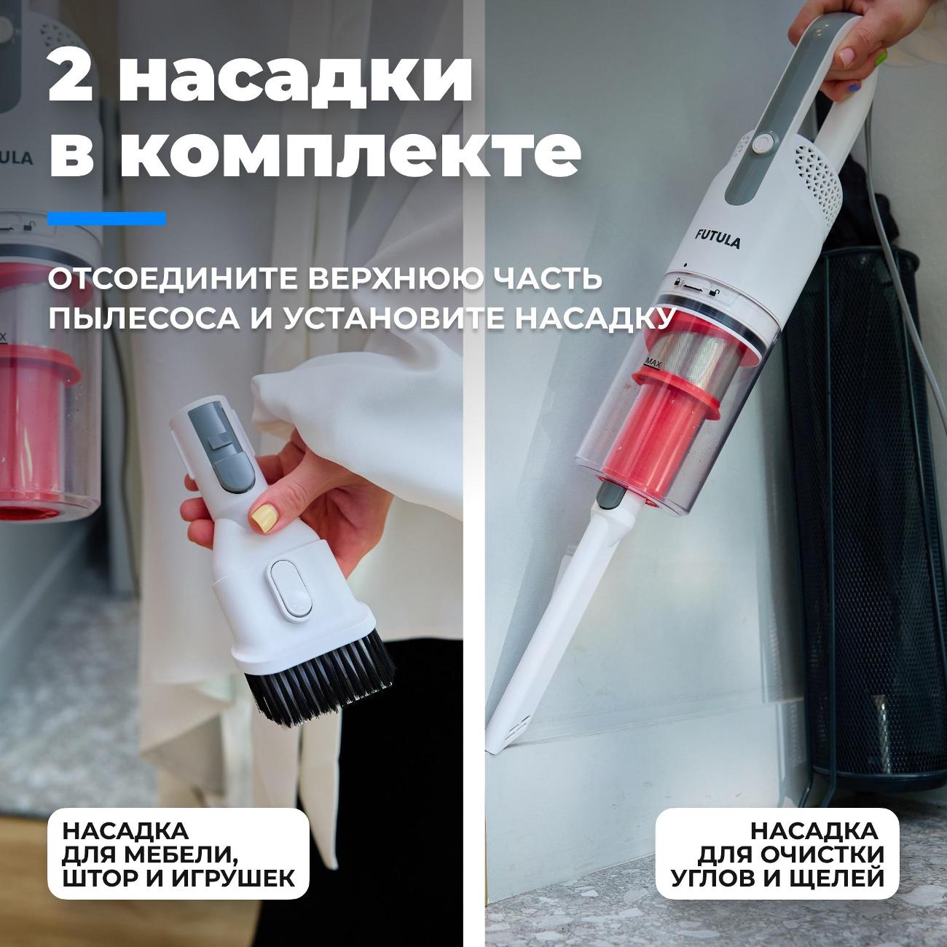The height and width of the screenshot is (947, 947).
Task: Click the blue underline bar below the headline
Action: (107, 219)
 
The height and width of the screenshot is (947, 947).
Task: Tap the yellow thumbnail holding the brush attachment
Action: (264, 518)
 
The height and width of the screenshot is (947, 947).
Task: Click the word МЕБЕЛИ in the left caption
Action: (181, 854)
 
